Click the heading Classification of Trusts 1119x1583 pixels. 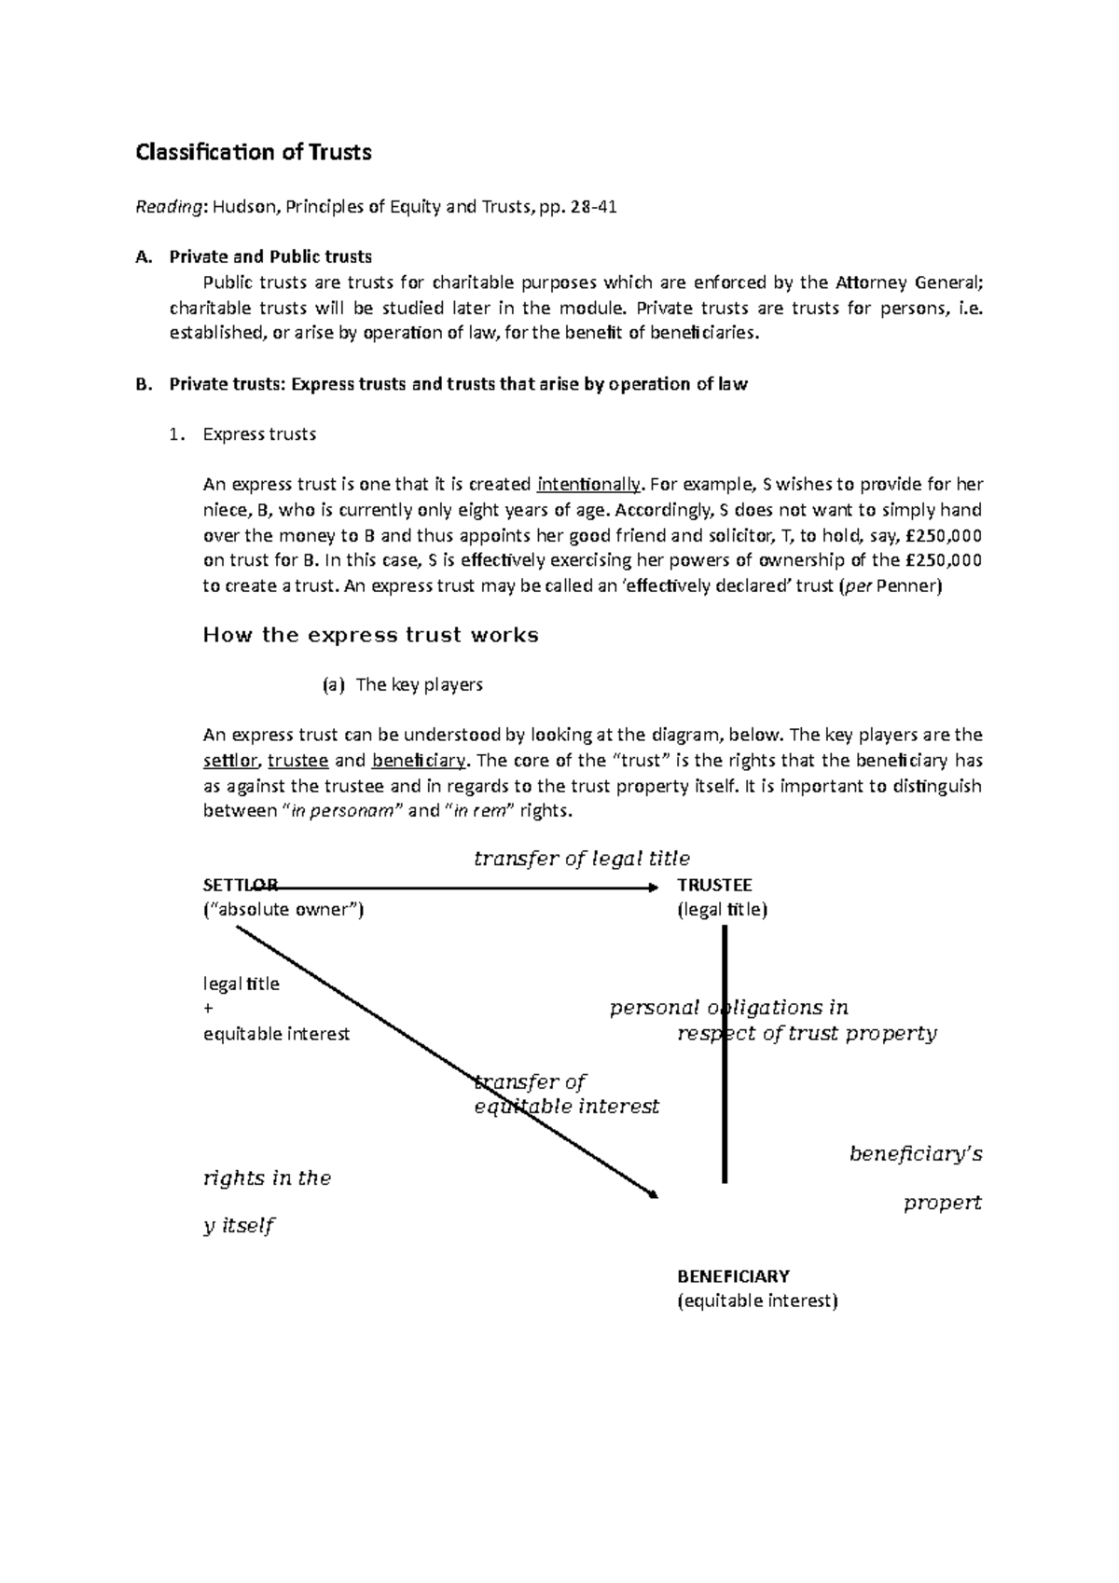click(253, 152)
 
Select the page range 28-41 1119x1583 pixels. click(593, 207)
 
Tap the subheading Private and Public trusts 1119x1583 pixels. click(270, 256)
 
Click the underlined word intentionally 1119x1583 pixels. click(589, 484)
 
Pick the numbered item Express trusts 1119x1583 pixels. click(259, 434)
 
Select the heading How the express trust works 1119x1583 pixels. click(370, 636)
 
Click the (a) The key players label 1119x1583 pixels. click(402, 685)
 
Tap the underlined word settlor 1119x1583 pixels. click(229, 761)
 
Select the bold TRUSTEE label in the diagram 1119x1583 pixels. click(714, 885)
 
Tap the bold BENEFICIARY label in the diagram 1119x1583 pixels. click(733, 1275)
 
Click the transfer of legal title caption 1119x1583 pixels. click(581, 859)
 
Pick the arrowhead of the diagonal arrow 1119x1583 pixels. click(654, 1194)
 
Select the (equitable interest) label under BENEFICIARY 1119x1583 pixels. click(757, 1301)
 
